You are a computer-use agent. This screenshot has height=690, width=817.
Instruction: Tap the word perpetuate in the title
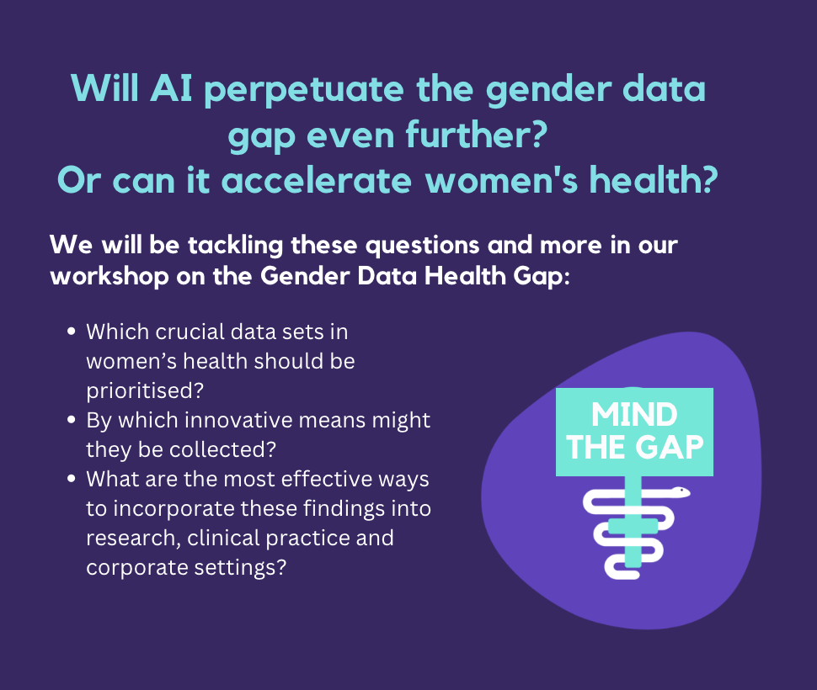(x=304, y=89)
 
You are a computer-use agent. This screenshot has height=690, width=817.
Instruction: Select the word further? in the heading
(x=476, y=135)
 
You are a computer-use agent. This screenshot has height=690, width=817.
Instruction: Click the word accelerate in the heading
(x=317, y=180)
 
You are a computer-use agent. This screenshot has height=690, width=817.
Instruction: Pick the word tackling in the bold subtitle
(x=235, y=246)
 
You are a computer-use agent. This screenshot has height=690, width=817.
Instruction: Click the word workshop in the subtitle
(x=109, y=276)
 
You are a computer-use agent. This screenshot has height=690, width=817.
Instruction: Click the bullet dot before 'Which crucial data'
(x=72, y=332)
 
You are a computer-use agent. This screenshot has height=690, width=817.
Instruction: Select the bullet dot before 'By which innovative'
(x=72, y=420)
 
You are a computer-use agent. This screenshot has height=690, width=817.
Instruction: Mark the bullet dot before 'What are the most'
(x=72, y=479)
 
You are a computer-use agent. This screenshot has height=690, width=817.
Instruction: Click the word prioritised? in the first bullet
(x=145, y=391)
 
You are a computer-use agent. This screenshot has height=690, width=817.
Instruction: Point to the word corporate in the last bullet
(x=136, y=568)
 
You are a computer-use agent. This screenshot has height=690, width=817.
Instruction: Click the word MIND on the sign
(x=634, y=415)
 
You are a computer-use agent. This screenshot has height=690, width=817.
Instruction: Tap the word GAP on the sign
(x=670, y=448)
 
